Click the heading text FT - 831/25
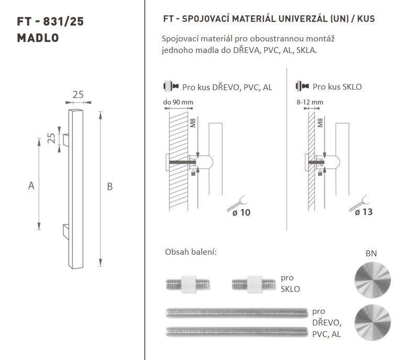(50, 21)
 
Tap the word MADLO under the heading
(38, 38)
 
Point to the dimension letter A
(31, 186)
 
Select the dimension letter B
(109, 187)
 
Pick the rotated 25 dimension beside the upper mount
(51, 138)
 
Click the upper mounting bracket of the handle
(66, 140)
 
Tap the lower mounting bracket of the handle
(66, 232)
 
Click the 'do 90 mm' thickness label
(178, 102)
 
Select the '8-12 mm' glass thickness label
(310, 102)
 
